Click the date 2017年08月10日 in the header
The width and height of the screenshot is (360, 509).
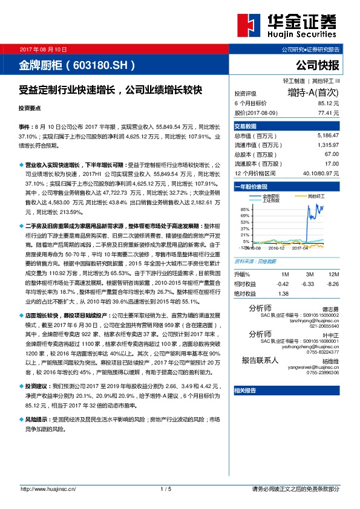(x=44, y=48)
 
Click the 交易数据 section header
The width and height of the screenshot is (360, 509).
(x=245, y=126)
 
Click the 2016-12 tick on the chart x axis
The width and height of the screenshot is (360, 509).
(x=277, y=247)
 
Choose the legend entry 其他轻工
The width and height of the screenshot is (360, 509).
(x=316, y=196)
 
